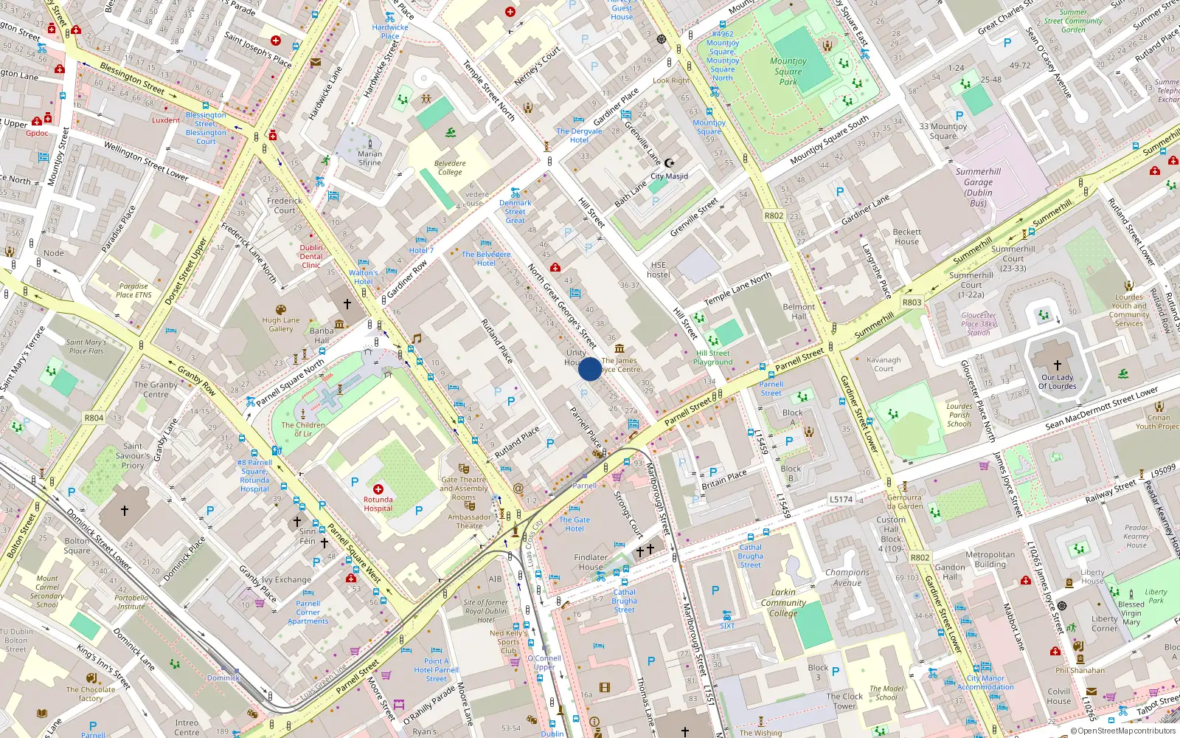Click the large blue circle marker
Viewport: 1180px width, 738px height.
point(590,369)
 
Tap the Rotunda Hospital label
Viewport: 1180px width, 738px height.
point(378,504)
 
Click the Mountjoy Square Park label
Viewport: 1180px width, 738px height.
point(788,72)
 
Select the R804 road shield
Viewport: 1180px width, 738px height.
point(94,418)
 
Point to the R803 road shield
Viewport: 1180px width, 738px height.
point(912,303)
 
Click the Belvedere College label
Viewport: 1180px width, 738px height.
point(450,168)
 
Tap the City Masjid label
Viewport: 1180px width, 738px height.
point(669,176)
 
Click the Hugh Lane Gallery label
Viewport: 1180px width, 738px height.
point(281,325)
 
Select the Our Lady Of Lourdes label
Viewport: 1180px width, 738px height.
point(1058,382)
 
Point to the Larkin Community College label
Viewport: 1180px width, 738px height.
point(783,602)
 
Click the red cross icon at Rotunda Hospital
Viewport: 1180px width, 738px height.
point(378,489)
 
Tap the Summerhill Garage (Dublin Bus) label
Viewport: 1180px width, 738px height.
point(978,187)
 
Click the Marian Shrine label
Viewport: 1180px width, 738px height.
point(369,159)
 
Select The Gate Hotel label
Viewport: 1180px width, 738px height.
point(575,524)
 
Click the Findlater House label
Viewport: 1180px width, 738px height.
point(591,562)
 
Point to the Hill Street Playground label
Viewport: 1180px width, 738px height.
point(713,358)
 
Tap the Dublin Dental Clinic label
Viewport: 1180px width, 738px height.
point(311,256)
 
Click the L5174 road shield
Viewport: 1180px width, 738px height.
point(841,500)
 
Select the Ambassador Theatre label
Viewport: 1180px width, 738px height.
point(469,521)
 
